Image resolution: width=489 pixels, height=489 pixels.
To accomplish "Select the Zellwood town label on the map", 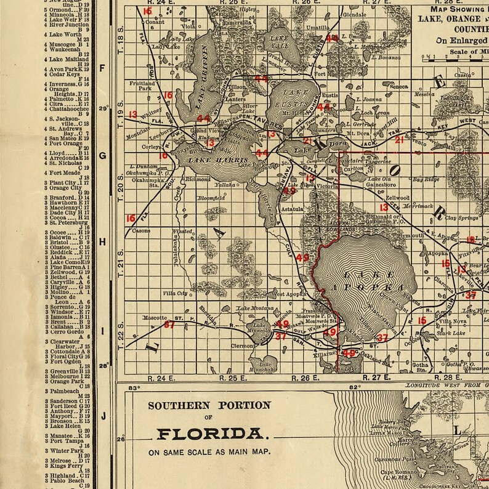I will tap(397, 198).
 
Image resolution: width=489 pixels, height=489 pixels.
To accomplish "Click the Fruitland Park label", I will tap(142, 86).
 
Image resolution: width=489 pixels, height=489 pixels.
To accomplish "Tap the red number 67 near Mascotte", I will tap(169, 324).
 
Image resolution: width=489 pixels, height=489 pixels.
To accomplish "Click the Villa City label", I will tap(174, 293).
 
